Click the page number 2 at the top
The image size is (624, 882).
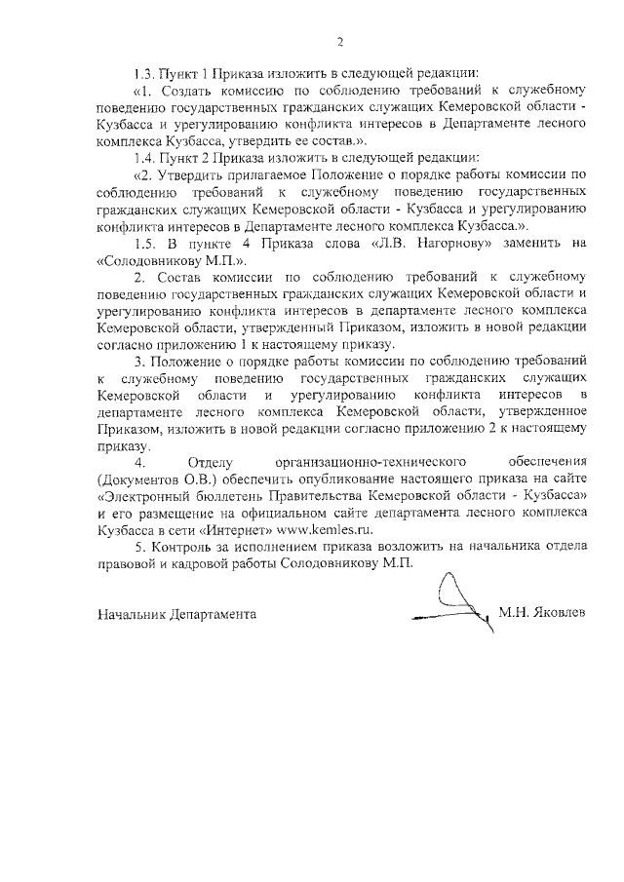click(340, 41)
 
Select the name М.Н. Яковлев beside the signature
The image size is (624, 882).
click(542, 613)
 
